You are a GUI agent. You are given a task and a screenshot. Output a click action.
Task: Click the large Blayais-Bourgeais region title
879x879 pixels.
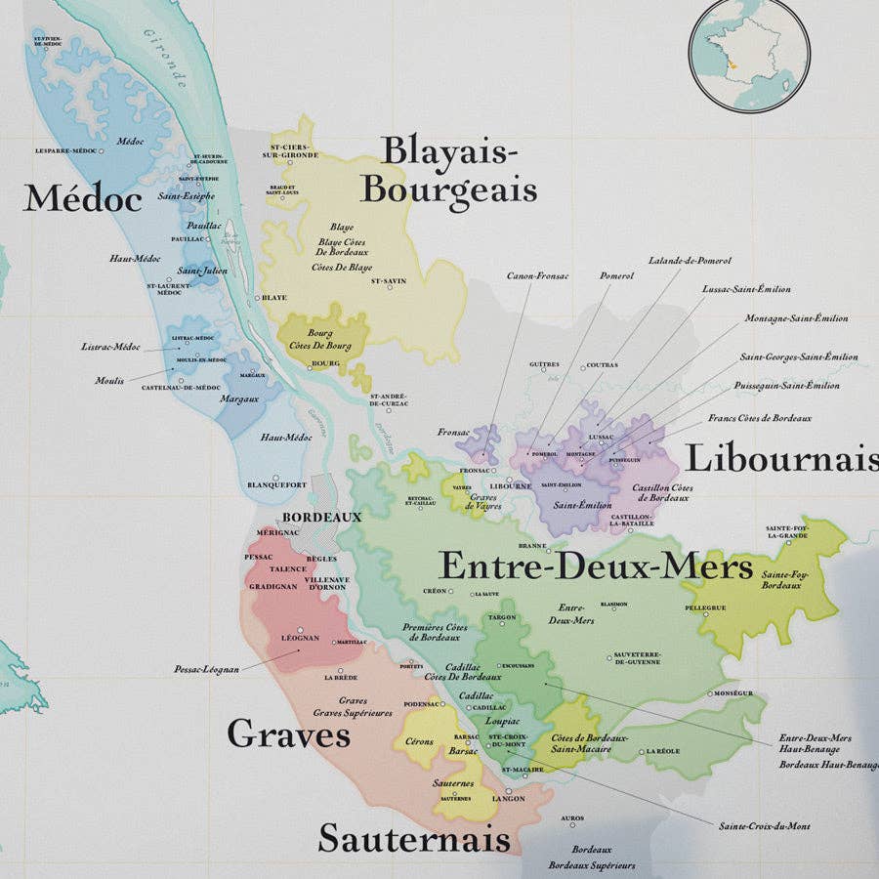pos(448,171)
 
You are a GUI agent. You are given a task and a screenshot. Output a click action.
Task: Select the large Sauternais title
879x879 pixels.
pos(414,838)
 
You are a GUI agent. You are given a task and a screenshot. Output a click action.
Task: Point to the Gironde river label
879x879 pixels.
pos(164,59)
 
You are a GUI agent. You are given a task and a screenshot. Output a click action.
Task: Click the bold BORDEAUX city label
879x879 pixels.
pos(321,517)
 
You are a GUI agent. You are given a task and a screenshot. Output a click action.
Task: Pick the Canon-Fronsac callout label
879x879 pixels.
pos(537,275)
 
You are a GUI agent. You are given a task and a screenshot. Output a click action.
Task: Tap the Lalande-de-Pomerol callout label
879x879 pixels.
pos(690,261)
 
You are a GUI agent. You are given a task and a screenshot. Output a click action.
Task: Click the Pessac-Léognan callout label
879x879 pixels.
pos(206,670)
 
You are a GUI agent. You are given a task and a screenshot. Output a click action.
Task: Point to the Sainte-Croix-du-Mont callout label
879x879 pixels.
pos(764,826)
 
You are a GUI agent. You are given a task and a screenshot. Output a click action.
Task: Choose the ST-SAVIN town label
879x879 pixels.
pos(388,281)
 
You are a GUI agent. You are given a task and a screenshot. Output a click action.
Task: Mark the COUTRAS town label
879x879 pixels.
pos(603,366)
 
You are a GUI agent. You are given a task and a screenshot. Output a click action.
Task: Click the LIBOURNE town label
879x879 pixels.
pos(511,485)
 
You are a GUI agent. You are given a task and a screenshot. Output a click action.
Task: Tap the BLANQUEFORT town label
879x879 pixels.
pos(276,484)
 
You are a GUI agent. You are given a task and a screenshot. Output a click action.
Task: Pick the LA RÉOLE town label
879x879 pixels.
pos(661,751)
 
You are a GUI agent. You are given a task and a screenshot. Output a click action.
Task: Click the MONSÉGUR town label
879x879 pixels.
pos(733,692)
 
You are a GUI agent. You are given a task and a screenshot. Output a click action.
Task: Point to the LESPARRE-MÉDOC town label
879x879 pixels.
pos(66,150)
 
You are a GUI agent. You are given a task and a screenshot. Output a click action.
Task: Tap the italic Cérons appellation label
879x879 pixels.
pos(419,741)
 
